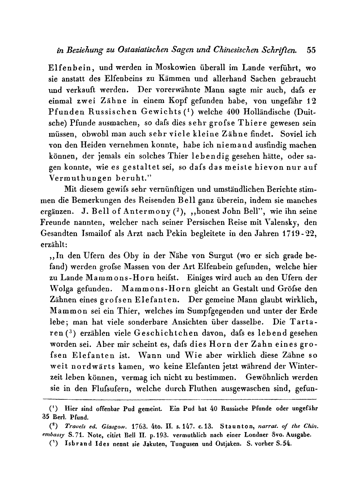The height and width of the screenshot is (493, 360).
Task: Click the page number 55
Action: coord(311,50)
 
